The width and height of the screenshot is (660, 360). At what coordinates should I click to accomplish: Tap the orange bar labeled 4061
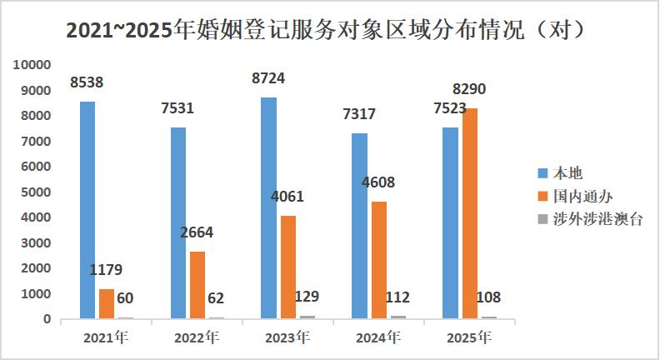(x=287, y=267)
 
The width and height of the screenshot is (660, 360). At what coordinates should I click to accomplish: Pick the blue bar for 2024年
(x=359, y=226)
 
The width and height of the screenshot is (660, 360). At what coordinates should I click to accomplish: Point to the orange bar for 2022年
(x=197, y=284)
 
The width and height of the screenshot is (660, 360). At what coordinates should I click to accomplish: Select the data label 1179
(x=106, y=270)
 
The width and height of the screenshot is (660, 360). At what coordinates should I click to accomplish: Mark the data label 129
(x=306, y=297)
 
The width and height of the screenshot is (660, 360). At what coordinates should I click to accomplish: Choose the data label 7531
(x=177, y=108)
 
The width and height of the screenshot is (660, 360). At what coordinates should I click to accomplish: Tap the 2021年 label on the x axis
(x=106, y=338)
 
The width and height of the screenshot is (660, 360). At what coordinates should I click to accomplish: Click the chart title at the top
(x=330, y=31)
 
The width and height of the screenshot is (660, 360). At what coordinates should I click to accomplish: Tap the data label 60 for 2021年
(x=126, y=298)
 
